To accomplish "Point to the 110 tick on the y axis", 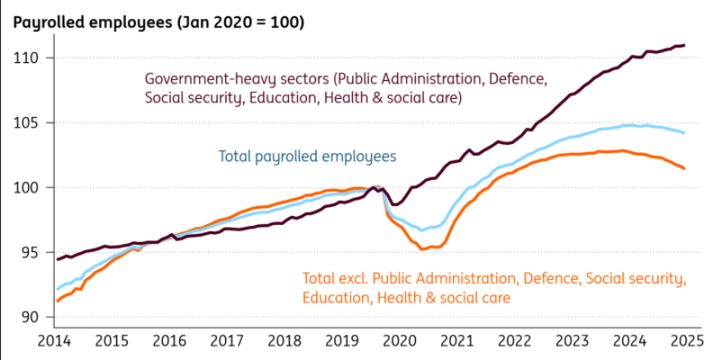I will [31, 58].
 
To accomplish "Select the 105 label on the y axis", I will [31, 123].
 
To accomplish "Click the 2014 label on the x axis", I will [56, 340].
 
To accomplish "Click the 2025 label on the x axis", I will [685, 340].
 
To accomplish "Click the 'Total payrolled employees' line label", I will [307, 155].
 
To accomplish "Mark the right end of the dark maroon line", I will [684, 45].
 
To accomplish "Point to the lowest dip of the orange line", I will [426, 248].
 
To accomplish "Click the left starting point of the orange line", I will [56, 301].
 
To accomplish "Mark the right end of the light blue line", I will [684, 133].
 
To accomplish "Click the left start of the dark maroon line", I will [56, 259].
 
